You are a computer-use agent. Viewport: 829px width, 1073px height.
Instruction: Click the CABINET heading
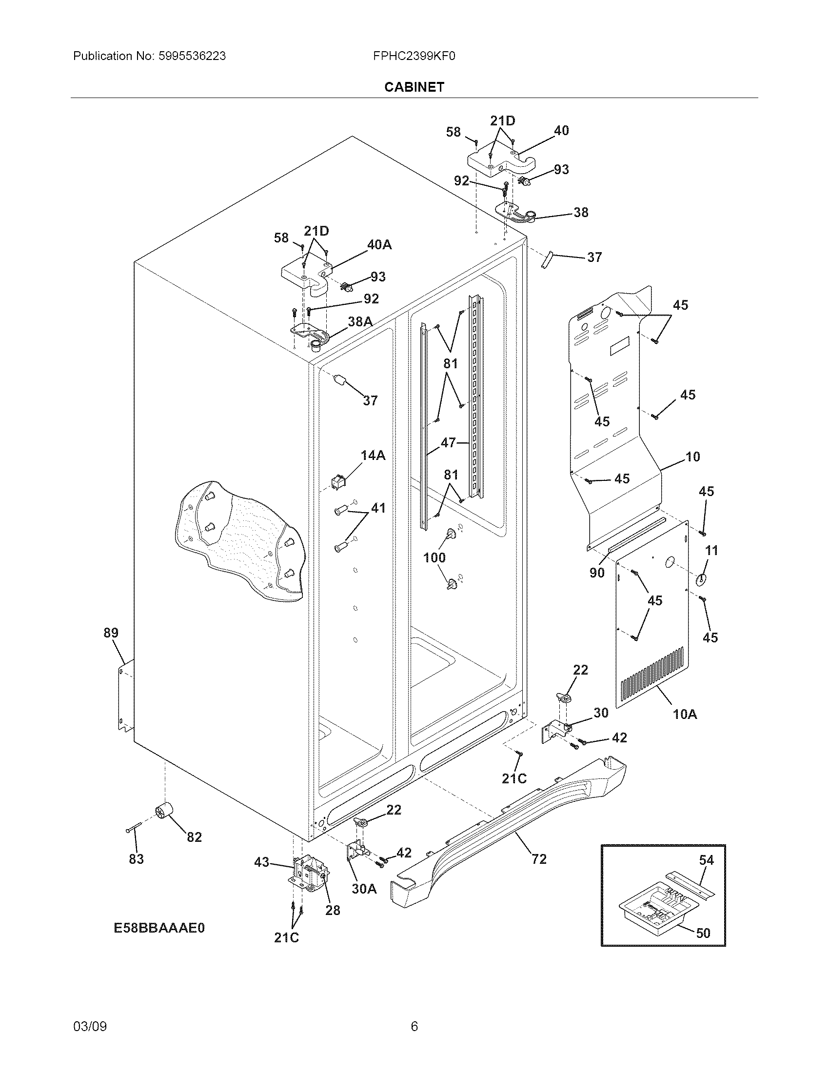pyautogui.click(x=414, y=87)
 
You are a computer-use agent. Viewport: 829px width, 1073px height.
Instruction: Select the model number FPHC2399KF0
pyautogui.click(x=414, y=56)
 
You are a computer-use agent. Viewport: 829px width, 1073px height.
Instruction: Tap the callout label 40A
pyautogui.click(x=379, y=244)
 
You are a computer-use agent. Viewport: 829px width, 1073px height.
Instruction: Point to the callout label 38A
pyautogui.click(x=360, y=321)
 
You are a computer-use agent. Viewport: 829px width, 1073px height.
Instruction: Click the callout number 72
pyautogui.click(x=539, y=858)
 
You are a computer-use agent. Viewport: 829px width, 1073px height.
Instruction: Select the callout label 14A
pyautogui.click(x=373, y=456)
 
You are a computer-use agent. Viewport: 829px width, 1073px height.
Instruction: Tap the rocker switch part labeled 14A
pyautogui.click(x=338, y=483)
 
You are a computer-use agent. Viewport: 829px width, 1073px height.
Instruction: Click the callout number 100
pyautogui.click(x=434, y=557)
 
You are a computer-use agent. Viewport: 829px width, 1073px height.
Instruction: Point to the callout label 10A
pyautogui.click(x=685, y=714)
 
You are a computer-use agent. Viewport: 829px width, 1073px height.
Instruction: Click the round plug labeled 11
pyautogui.click(x=701, y=580)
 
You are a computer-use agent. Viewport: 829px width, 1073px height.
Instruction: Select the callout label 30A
pyautogui.click(x=364, y=888)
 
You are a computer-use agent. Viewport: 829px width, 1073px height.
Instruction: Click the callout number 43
pyautogui.click(x=262, y=862)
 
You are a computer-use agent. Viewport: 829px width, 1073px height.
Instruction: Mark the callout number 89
pyautogui.click(x=111, y=633)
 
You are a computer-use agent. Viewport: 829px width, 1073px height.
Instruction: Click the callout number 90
pyautogui.click(x=597, y=573)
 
